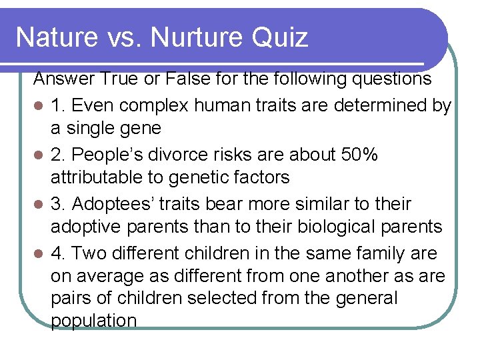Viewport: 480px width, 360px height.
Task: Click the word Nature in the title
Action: pos(55,37)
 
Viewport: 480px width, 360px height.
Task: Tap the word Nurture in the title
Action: pos(197,37)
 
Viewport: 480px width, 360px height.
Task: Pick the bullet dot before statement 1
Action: pos(39,105)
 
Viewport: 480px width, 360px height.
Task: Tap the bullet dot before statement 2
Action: pos(39,155)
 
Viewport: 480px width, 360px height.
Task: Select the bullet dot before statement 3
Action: pos(39,204)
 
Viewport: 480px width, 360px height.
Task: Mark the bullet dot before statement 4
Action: pos(39,253)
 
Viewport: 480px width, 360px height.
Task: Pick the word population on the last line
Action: pos(93,321)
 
